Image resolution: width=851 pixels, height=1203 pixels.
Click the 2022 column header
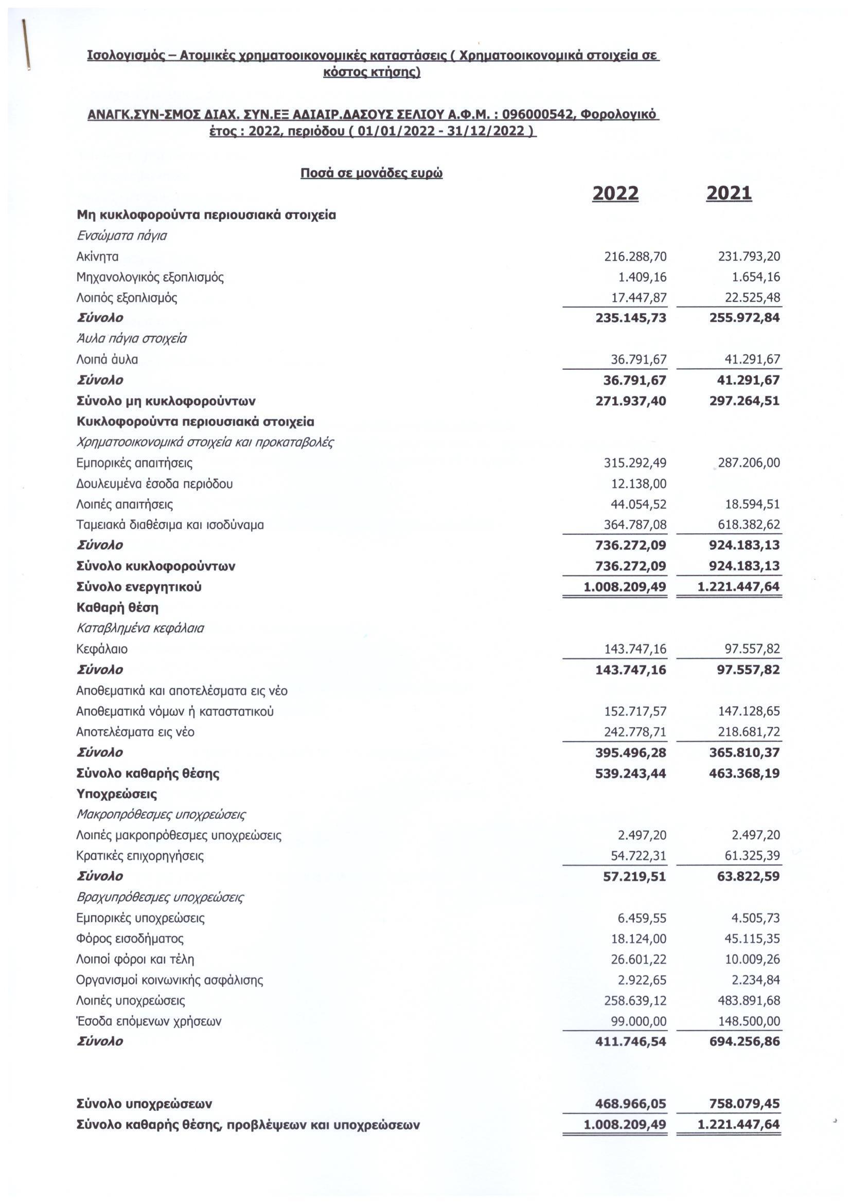(x=615, y=193)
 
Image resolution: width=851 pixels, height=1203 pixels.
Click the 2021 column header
(x=729, y=193)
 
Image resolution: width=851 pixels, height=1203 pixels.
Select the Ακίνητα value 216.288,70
(x=635, y=256)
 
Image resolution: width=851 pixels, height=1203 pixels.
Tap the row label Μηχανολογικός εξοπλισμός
(x=150, y=277)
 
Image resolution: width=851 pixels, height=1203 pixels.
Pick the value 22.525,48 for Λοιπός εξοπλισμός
(x=749, y=298)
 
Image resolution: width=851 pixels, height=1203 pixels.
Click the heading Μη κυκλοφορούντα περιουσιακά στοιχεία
(x=206, y=215)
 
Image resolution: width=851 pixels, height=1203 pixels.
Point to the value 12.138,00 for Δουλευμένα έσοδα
(x=639, y=483)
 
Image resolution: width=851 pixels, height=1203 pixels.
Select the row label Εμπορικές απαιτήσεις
(x=134, y=463)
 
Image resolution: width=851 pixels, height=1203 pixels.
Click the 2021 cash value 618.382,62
(x=749, y=525)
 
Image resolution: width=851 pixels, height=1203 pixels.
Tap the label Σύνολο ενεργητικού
(x=139, y=587)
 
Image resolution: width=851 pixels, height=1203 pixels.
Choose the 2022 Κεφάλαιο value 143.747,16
(x=635, y=649)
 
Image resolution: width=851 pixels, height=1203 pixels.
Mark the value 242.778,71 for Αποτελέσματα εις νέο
(x=635, y=732)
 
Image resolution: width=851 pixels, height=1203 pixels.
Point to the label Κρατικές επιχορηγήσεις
(x=140, y=856)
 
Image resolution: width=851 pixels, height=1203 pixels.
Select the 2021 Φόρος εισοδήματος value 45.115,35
(x=752, y=939)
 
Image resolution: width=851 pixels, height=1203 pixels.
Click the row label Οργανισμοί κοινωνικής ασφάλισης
(x=169, y=980)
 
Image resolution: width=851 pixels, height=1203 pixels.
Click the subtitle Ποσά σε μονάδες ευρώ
(x=371, y=173)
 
